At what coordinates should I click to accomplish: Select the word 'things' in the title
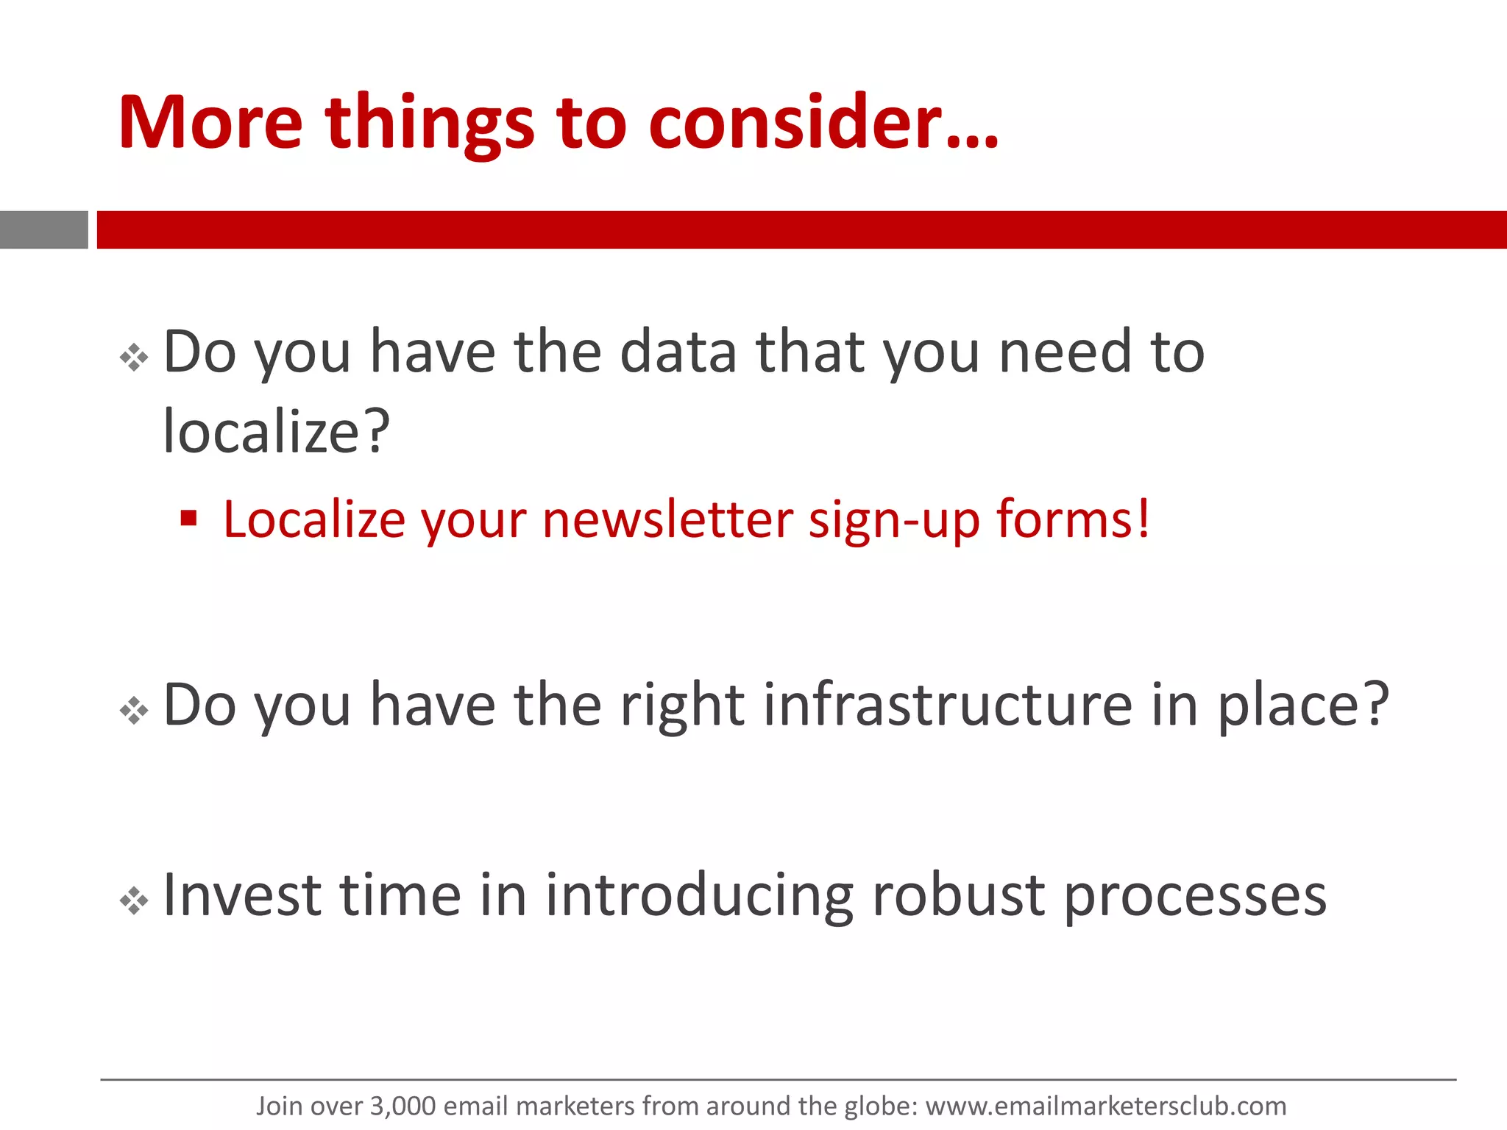[x=430, y=125]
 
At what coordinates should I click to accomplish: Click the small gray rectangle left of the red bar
[x=43, y=230]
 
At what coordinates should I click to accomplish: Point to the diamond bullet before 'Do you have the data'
[x=134, y=358]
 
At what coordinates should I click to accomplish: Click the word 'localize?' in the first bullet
[x=276, y=432]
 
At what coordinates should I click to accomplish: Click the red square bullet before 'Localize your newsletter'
[x=189, y=519]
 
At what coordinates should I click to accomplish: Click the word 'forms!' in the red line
[x=1073, y=519]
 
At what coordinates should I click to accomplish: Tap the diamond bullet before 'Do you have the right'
[x=134, y=711]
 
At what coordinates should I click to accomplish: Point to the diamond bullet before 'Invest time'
[x=134, y=900]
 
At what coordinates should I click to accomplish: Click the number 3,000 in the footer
[x=403, y=1106]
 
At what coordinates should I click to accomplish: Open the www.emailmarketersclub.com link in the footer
[x=1105, y=1106]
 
